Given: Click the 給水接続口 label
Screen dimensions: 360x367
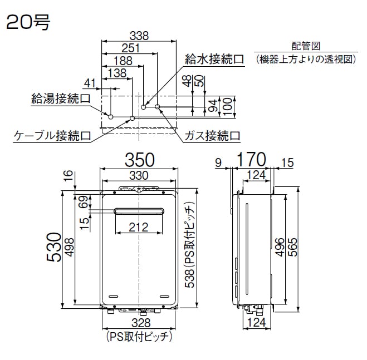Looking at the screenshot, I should tap(214, 58).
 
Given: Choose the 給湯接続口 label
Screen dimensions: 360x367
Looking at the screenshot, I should tap(61, 99).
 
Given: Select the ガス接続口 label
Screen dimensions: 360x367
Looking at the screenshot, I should tap(212, 135).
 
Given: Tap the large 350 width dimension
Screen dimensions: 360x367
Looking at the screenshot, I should tap(139, 160).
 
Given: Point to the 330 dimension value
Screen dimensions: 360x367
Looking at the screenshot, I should tap(139, 175).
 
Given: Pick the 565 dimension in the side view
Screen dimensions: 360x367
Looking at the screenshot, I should tap(292, 248).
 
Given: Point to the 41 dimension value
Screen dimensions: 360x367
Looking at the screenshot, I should tap(89, 83).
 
